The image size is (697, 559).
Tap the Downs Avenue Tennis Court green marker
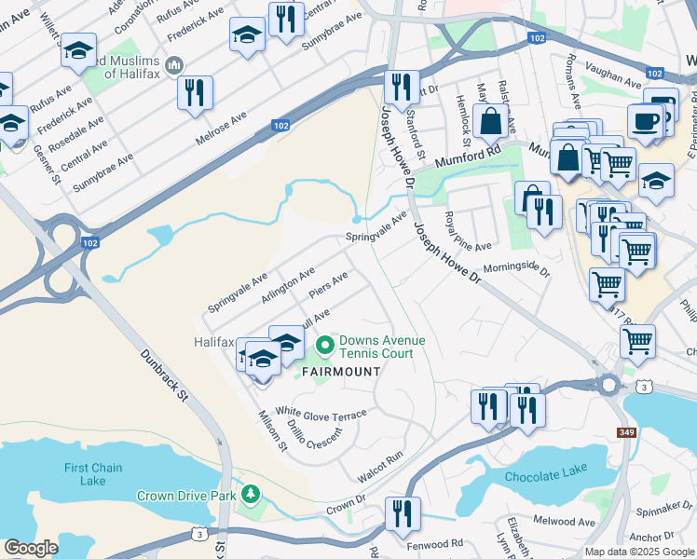tap(324, 347)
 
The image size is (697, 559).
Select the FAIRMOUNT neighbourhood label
tap(339, 372)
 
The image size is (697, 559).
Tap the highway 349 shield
tap(626, 433)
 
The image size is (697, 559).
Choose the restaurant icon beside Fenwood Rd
tap(403, 513)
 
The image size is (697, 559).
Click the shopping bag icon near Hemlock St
tap(489, 121)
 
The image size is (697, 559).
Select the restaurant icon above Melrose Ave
tap(195, 92)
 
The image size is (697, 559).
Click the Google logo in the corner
tap(31, 548)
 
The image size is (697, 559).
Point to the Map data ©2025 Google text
tap(638, 552)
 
